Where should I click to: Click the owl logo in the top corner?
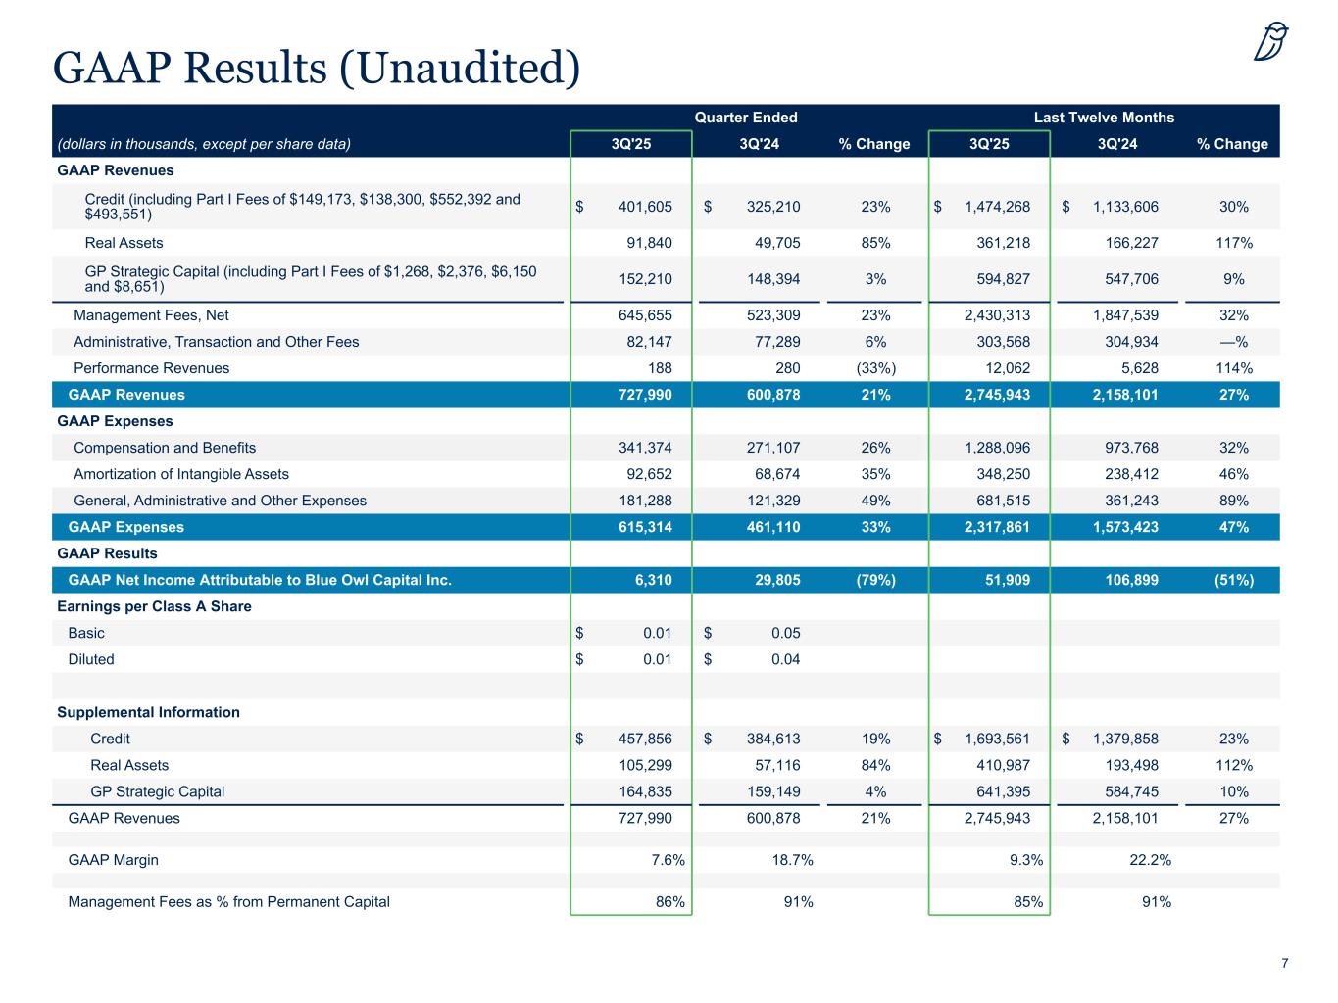1270,42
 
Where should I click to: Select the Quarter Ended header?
746,118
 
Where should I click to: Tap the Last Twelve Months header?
1104,118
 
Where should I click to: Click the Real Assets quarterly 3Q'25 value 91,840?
645,243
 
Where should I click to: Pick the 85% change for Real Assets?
875,243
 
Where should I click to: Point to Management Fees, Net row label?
151,315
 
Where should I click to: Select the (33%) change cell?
875,368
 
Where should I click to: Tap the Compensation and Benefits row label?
165,448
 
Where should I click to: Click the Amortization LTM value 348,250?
998,474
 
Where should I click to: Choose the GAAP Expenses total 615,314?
642,527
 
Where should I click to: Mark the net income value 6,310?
653,580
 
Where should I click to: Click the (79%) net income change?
875,580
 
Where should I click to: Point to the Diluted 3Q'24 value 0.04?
785,659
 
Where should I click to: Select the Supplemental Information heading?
148,712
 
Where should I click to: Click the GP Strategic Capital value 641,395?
998,791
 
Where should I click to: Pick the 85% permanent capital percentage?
1028,901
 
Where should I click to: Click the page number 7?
1284,964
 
